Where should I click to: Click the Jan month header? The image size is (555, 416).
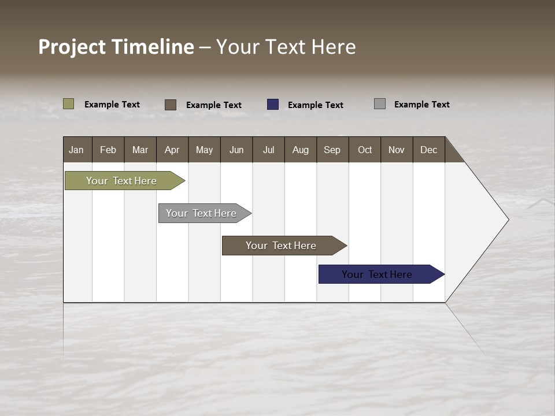(77, 150)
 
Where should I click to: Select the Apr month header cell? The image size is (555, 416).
(172, 150)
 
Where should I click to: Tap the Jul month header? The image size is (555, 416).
(268, 150)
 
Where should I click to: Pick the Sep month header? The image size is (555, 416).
(332, 150)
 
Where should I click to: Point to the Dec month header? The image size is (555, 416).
(428, 150)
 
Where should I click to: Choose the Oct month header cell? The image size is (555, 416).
(364, 150)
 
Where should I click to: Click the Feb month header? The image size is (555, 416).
(108, 150)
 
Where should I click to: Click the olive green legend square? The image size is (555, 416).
(69, 104)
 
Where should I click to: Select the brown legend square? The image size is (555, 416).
(171, 105)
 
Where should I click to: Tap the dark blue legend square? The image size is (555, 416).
(273, 105)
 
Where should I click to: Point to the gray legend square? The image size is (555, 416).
(380, 104)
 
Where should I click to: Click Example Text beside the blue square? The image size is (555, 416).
(315, 105)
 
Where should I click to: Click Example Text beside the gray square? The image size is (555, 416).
(421, 105)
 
